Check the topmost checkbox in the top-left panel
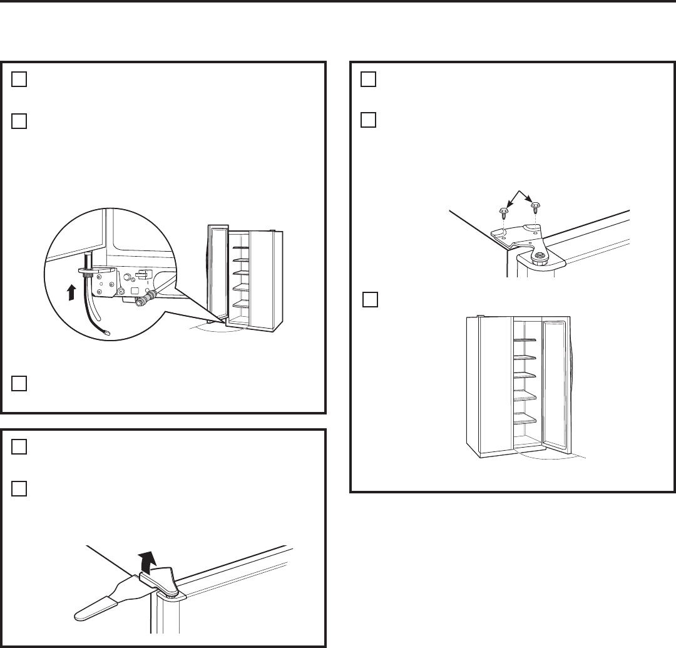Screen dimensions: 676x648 (19, 80)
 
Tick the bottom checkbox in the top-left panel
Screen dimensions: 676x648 (19, 383)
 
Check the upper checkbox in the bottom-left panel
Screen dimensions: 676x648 (19, 446)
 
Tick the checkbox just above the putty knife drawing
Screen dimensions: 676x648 (19, 487)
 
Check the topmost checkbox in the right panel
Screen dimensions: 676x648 (369, 80)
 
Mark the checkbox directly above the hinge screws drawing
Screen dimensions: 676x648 (369, 120)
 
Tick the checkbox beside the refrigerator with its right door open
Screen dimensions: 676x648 (370, 300)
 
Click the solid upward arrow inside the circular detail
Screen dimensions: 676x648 (73, 291)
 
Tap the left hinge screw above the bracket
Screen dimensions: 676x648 (503, 211)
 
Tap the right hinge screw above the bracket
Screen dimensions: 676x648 (535, 205)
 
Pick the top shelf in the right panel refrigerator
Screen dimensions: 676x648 (525, 340)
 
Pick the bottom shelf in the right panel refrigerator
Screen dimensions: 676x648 (525, 421)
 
